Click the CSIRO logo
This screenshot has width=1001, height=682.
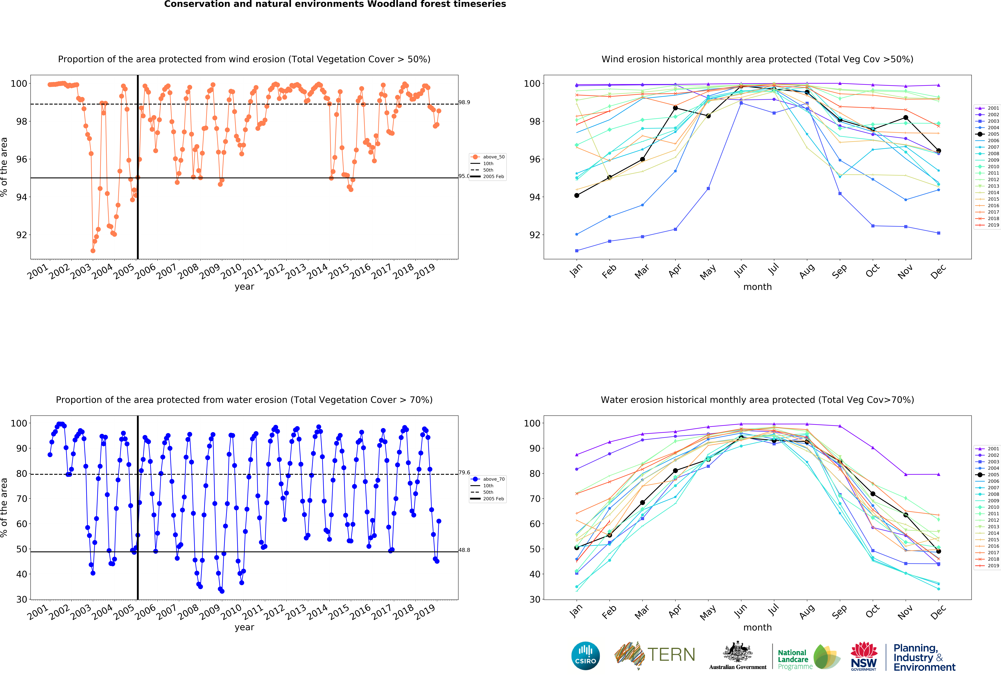[x=585, y=656]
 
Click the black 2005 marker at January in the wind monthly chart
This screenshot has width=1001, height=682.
[x=577, y=196]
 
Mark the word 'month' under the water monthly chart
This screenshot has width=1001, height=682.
[x=757, y=627]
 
